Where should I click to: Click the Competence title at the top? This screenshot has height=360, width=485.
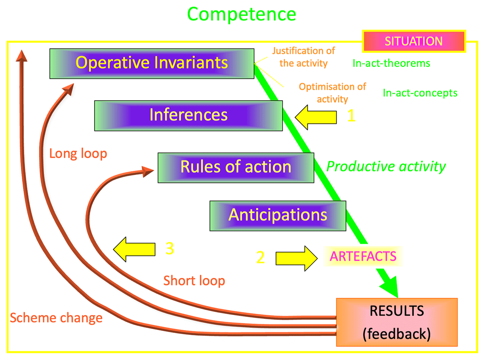[x=241, y=15]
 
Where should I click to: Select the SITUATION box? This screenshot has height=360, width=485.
[x=414, y=41]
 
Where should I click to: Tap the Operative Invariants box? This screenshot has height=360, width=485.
[x=152, y=64]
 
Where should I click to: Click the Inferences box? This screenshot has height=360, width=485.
[x=188, y=116]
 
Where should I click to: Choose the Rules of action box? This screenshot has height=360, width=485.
[x=236, y=167]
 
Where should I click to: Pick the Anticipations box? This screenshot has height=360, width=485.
[x=278, y=216]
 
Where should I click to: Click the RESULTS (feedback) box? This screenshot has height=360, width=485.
[x=396, y=322]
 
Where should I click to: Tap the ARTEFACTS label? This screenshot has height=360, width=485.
[x=363, y=256]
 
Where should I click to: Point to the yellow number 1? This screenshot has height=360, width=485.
[x=351, y=115]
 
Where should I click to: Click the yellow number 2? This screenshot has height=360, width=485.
[x=260, y=257]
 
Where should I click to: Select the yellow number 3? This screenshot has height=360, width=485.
[x=170, y=248]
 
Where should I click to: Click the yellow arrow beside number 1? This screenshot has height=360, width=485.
[x=316, y=117]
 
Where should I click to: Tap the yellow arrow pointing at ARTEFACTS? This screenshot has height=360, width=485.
[x=297, y=258]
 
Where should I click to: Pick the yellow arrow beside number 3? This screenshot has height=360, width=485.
[x=134, y=249]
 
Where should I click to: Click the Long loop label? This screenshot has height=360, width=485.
[x=78, y=154]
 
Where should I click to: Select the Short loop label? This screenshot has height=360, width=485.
[x=194, y=281]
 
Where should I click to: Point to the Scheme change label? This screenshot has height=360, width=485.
[x=56, y=318]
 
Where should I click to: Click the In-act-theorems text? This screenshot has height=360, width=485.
[x=391, y=63]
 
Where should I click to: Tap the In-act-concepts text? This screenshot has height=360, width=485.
[x=420, y=93]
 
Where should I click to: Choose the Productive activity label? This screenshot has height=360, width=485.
[x=386, y=167]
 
